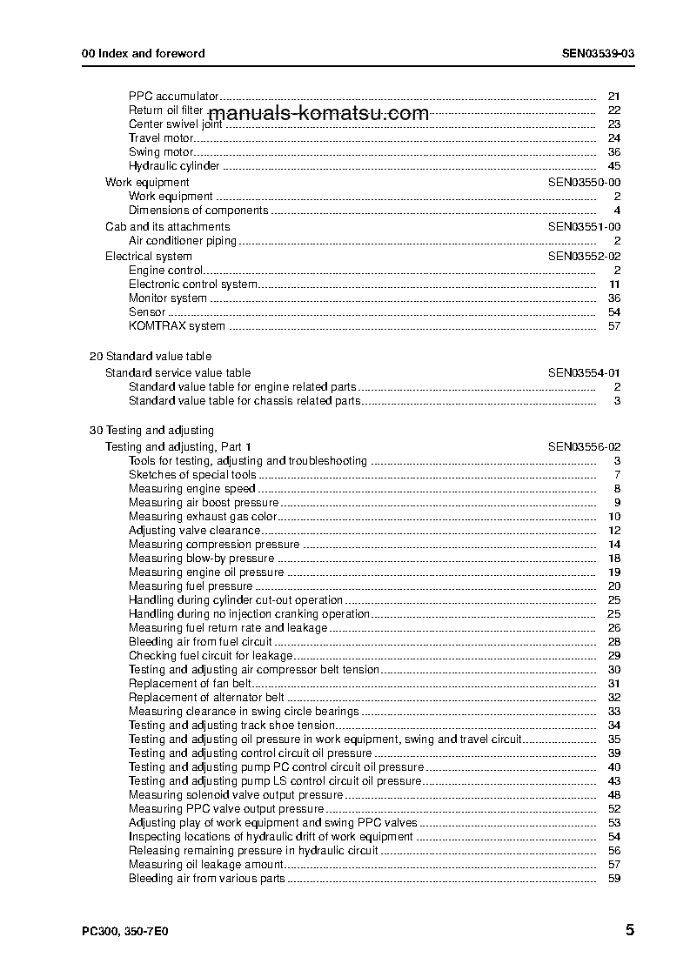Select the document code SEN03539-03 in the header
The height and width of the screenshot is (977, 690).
pos(598,53)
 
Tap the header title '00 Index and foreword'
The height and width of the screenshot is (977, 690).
pos(143,53)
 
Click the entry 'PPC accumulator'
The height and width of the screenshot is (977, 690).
pos(173,96)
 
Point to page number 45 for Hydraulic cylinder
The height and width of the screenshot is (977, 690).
pos(613,165)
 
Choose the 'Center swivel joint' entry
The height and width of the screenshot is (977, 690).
pos(175,124)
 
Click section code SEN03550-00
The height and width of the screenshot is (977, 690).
pos(584,182)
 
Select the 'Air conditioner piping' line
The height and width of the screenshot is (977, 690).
pos(183,240)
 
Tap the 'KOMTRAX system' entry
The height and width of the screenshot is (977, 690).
pos(177,325)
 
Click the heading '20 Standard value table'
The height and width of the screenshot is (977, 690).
pos(151,356)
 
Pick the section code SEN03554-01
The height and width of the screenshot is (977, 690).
pos(584,372)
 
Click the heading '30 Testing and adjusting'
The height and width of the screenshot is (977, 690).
pos(151,430)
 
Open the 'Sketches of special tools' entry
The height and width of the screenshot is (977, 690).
pos(192,474)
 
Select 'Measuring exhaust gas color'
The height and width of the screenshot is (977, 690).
pos(202,516)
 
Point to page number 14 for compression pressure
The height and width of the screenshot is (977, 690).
pos(613,544)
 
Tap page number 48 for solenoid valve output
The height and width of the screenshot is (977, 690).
pos(613,794)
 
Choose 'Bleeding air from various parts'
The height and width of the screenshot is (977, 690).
pos(206,878)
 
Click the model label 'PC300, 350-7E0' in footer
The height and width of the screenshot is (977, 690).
pos(124,930)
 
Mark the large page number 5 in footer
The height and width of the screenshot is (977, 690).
pos(629,929)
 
